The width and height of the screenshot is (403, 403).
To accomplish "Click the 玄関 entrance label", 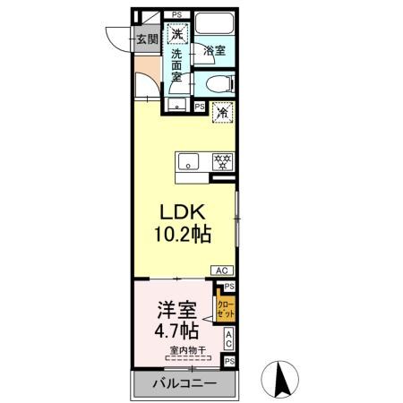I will pyautogui.click(x=146, y=39).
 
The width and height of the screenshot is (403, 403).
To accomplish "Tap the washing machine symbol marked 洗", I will pyautogui.click(x=178, y=35).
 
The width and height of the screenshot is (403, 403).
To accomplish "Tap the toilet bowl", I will pyautogui.click(x=218, y=85).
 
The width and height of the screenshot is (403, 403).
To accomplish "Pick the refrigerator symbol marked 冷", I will pyautogui.click(x=221, y=113).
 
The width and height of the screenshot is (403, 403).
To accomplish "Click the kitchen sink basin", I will pyautogui.click(x=188, y=161).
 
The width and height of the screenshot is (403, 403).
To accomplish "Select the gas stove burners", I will pyautogui.click(x=220, y=161).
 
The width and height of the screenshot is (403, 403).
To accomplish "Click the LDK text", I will pyautogui.click(x=184, y=213).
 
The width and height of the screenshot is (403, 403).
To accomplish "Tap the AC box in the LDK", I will pyautogui.click(x=221, y=269).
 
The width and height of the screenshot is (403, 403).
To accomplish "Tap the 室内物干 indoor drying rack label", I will pyautogui.click(x=185, y=351).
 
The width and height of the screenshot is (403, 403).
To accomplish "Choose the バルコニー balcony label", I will pyautogui.click(x=183, y=384).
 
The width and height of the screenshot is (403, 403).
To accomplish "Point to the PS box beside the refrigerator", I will pyautogui.click(x=199, y=106).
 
